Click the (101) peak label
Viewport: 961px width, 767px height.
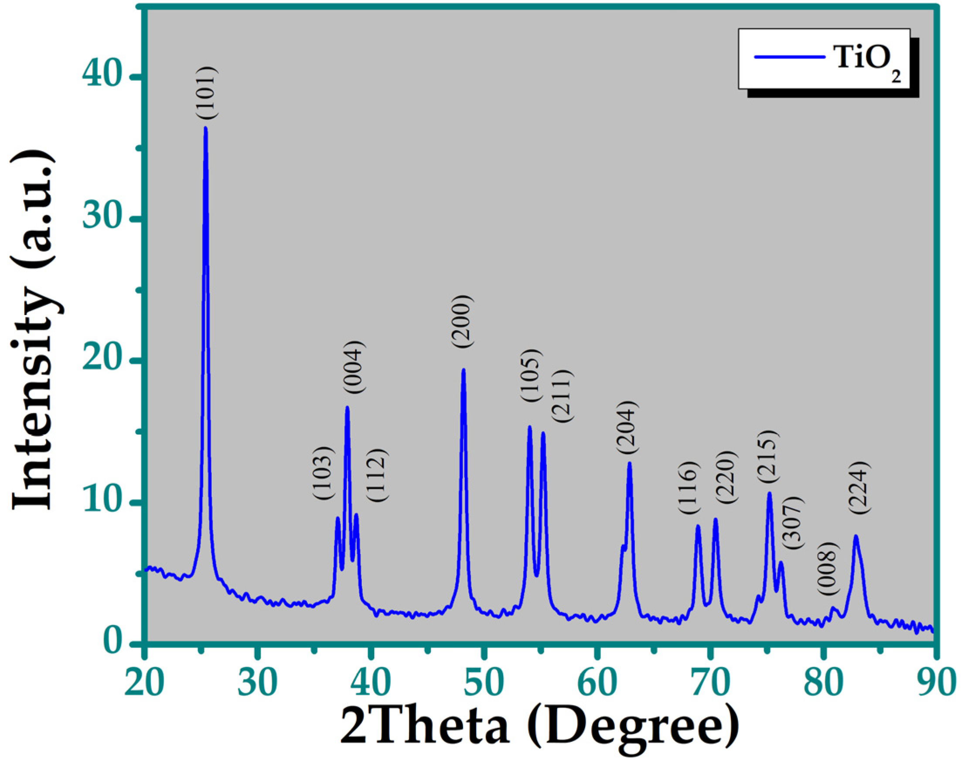tap(208, 92)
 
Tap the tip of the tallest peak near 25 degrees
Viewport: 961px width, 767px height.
tap(205, 128)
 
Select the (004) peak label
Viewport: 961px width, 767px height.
tap(355, 367)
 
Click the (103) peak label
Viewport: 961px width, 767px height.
tap(323, 473)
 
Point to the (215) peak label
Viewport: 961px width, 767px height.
tap(768, 456)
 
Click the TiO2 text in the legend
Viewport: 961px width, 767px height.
tap(867, 59)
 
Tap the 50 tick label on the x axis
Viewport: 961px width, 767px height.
tap(483, 682)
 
